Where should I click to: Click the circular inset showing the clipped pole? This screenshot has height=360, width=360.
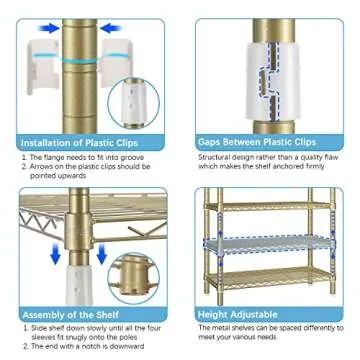[x=132, y=100]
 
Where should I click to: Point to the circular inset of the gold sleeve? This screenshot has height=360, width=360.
[x=134, y=277]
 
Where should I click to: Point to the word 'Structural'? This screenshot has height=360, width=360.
[x=216, y=157]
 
